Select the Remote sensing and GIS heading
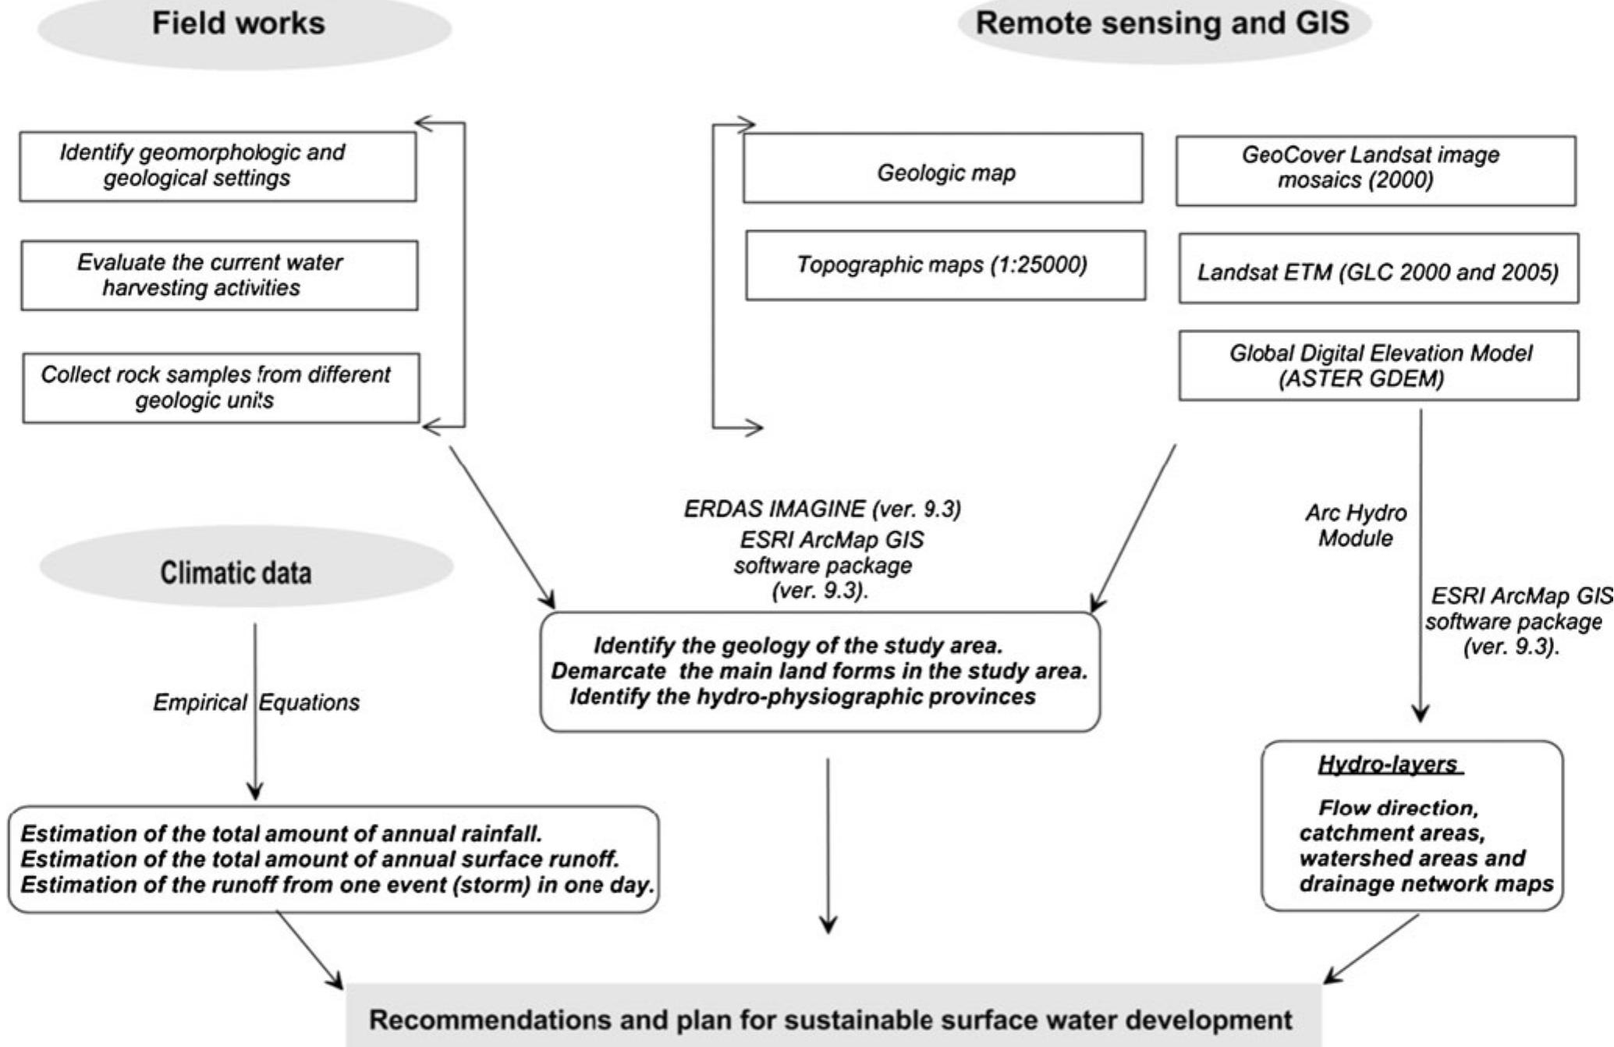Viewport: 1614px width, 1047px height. point(1162,23)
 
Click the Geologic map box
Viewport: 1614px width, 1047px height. point(943,169)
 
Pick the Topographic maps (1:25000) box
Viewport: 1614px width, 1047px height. point(945,265)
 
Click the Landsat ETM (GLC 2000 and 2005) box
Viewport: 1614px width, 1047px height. point(1378,270)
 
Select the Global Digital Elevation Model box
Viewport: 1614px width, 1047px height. point(1378,366)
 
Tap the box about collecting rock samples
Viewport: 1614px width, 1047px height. point(220,388)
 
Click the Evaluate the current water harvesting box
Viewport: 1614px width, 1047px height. point(218,275)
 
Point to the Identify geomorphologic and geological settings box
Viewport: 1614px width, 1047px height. point(217,166)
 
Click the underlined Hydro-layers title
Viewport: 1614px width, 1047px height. point(1389,765)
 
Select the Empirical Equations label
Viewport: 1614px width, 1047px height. point(256,703)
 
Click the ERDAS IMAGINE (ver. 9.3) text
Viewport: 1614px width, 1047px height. point(822,509)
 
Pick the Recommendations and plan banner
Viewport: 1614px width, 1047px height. point(831,1019)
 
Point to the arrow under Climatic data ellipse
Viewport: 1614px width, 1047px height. point(255,710)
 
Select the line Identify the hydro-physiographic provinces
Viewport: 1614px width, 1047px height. point(803,697)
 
